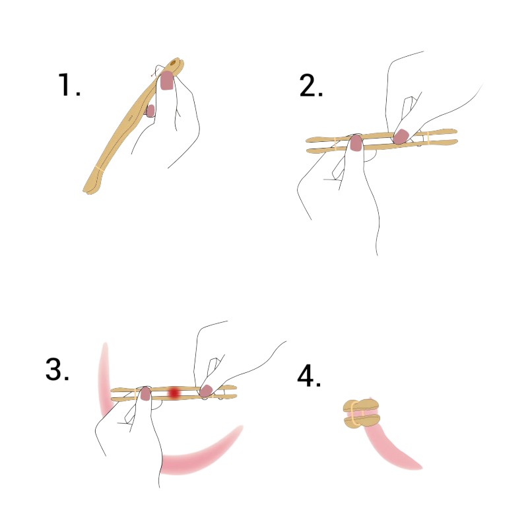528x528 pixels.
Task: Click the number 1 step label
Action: (x=69, y=84)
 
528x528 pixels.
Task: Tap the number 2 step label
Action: (x=311, y=86)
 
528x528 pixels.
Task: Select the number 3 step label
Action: (x=57, y=370)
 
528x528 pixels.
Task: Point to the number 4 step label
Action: (x=309, y=376)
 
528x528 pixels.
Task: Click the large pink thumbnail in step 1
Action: (x=167, y=80)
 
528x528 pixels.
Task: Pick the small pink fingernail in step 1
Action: (x=150, y=110)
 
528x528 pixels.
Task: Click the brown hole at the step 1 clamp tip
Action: (x=174, y=62)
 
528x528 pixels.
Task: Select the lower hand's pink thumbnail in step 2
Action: (x=356, y=143)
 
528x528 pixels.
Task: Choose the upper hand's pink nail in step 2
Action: (x=401, y=137)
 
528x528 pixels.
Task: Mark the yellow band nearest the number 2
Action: (x=336, y=143)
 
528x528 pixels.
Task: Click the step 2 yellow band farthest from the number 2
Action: (x=428, y=138)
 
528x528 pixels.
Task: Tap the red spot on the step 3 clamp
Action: (x=174, y=393)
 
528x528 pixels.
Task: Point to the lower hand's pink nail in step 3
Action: (x=145, y=393)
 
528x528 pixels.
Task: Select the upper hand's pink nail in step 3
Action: (x=206, y=390)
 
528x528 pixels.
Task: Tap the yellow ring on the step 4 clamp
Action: (x=353, y=413)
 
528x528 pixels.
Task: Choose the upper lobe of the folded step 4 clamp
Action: (x=361, y=405)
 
